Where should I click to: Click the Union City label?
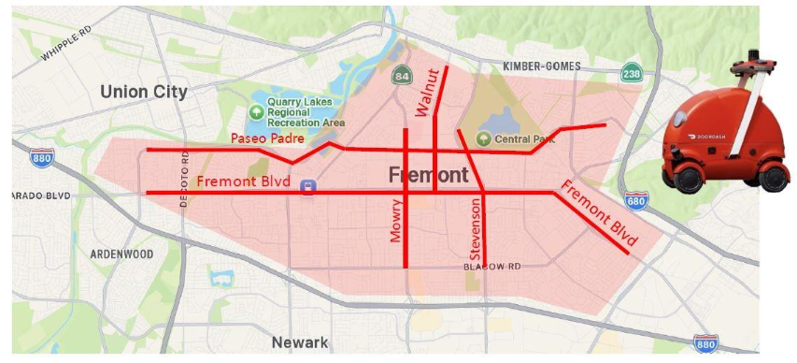(x=144, y=92)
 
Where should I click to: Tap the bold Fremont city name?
(x=428, y=175)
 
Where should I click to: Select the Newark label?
(x=300, y=342)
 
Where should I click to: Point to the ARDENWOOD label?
(x=121, y=254)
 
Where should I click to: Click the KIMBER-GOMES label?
(x=542, y=66)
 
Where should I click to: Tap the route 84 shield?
(x=401, y=75)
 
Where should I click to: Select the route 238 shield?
(x=632, y=72)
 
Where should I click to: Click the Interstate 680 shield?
(x=635, y=201)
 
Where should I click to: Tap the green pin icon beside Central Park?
(x=483, y=139)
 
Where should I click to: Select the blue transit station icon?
(x=306, y=187)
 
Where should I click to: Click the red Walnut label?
(x=428, y=92)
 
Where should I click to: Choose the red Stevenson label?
(x=475, y=228)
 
